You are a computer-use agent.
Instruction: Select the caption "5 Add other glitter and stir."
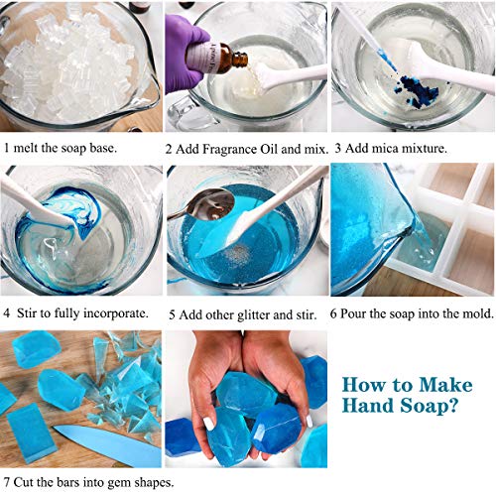[x=242, y=312]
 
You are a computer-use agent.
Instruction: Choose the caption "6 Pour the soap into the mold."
[x=410, y=312]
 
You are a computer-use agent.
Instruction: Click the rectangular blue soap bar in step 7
[x=26, y=428]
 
